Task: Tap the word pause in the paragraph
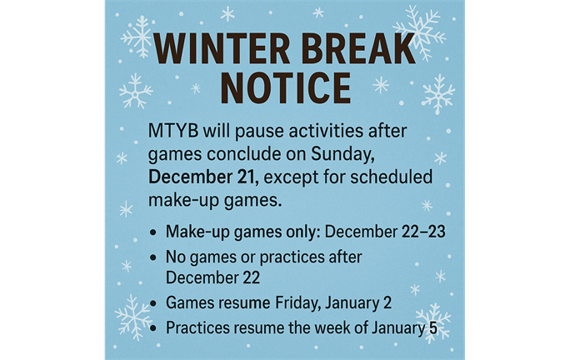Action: click(260, 134)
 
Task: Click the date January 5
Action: click(412, 327)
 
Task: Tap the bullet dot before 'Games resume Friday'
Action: click(152, 302)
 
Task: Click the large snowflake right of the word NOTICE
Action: click(437, 93)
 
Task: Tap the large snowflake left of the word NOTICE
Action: click(136, 91)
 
